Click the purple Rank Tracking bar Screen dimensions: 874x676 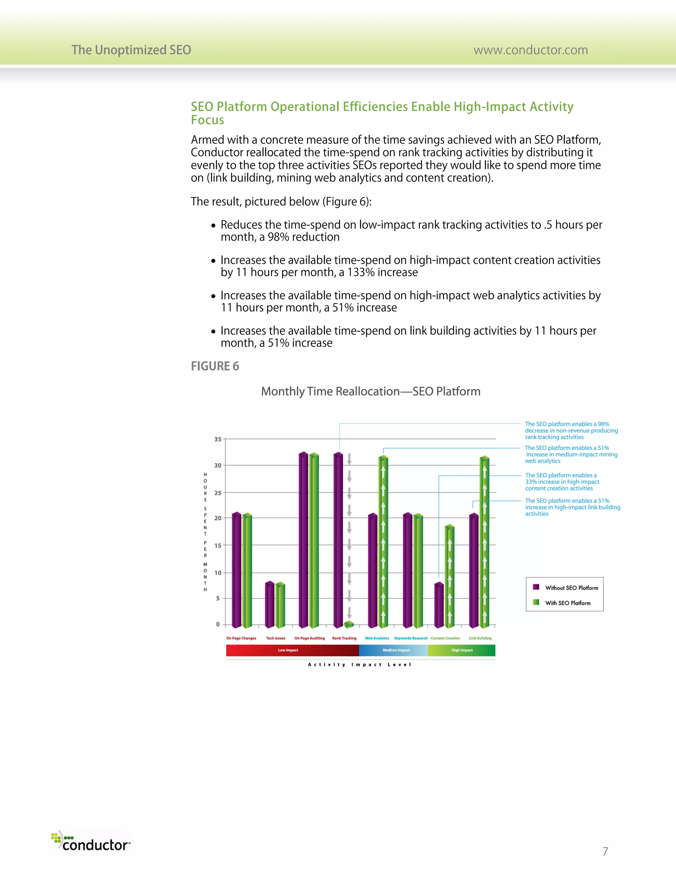coord(338,540)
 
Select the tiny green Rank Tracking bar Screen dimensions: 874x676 coord(349,625)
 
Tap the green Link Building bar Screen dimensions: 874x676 coord(485,542)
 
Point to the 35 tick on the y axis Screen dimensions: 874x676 coord(218,439)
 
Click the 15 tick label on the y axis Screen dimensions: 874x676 coord(218,546)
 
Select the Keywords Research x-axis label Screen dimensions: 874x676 coord(411,638)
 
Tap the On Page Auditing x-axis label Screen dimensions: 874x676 coord(310,638)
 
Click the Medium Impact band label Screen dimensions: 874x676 coord(396,650)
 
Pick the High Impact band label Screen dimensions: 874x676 coord(462,650)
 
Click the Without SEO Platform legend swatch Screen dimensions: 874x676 coord(536,587)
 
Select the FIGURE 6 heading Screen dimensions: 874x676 coord(215,366)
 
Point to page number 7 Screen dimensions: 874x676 coord(605,851)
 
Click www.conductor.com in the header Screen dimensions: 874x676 coord(531,50)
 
